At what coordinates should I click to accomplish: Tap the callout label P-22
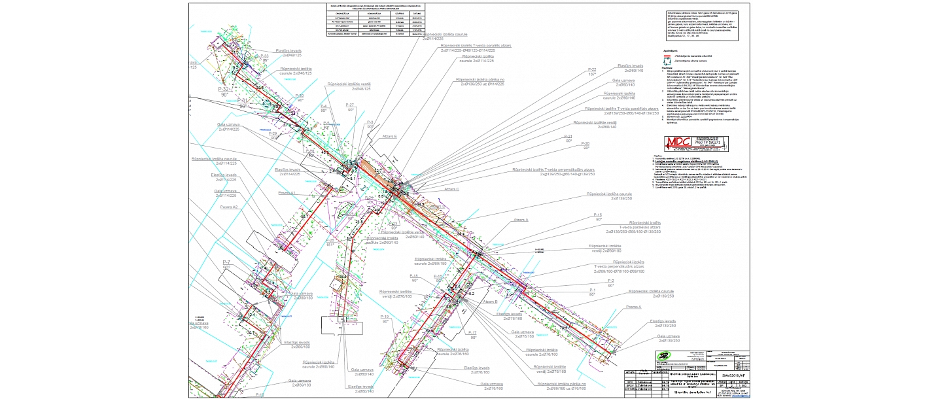click(x=592, y=69)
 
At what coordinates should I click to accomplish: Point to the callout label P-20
click(x=585, y=143)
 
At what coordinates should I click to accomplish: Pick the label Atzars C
click(x=452, y=189)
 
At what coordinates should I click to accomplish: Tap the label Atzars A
click(x=521, y=220)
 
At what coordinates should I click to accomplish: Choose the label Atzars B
click(x=491, y=302)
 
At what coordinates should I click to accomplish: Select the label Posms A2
click(x=229, y=207)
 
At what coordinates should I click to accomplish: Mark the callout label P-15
click(x=598, y=215)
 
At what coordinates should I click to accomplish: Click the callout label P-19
click(x=385, y=317)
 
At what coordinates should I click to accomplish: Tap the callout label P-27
click(x=351, y=105)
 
